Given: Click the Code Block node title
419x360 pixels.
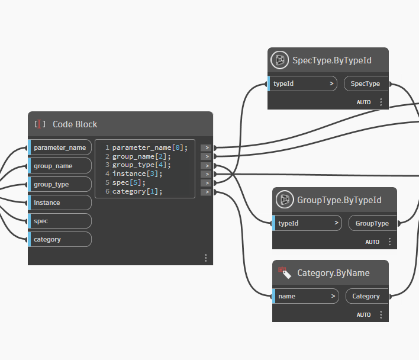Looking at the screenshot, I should point(75,124).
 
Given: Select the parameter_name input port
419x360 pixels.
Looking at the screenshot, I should point(59,147).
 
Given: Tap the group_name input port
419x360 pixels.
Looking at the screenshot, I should point(59,166).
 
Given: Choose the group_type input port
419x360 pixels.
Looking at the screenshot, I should point(59,184).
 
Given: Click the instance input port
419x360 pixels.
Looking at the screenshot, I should point(59,202).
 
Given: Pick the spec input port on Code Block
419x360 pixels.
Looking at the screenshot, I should point(59,221).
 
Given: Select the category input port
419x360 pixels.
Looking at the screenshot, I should point(59,239).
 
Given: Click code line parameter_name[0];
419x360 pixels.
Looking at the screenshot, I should point(150,147).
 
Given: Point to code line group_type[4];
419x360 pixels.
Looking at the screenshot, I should point(141,165).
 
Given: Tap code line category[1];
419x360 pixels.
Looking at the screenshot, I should point(137,192).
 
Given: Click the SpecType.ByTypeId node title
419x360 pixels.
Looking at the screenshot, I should point(332,60).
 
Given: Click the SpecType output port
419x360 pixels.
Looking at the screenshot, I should point(365,83).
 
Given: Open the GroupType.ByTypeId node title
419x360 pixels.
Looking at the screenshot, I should point(339,200).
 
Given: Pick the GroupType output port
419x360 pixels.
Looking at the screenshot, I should point(372,223).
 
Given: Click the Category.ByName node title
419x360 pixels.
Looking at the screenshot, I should point(333,273).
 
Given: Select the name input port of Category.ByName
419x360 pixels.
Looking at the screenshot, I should point(305,296).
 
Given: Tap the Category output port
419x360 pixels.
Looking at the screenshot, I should point(366,296).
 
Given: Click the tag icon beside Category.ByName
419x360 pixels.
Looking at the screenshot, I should point(284,273).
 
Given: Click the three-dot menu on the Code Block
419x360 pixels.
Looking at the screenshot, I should point(205,258).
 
